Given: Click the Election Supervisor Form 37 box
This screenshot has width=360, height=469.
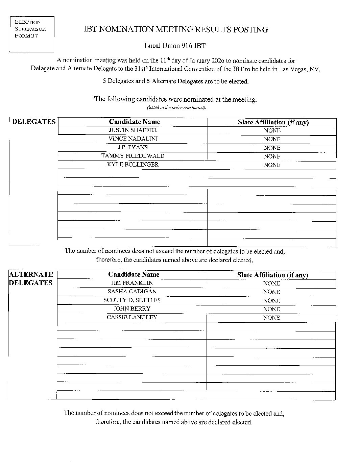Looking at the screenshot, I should click(31, 34).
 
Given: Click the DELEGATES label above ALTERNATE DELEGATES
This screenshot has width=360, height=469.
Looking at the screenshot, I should click(33, 122).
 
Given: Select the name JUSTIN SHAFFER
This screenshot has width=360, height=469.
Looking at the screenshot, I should click(133, 130).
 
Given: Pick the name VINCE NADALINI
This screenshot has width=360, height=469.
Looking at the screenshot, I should click(133, 139).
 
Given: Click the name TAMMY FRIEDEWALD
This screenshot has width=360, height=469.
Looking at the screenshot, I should click(133, 156).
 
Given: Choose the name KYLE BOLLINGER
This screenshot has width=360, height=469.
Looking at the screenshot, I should click(133, 165).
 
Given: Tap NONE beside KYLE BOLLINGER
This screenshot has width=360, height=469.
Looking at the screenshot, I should click(272, 165).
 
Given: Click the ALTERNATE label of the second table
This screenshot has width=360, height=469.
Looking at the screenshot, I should click(31, 274).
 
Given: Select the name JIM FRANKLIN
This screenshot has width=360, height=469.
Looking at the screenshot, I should click(132, 283).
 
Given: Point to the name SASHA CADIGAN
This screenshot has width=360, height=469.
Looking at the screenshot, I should click(132, 291).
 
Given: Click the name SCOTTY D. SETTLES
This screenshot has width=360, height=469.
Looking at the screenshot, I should click(132, 300).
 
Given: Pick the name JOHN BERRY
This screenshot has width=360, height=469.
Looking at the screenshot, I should click(132, 308).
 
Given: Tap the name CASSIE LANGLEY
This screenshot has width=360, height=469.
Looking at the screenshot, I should click(132, 317).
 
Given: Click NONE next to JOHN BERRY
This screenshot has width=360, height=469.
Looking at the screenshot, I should click(271, 309).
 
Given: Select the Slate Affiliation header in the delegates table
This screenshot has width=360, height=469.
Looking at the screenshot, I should click(273, 122).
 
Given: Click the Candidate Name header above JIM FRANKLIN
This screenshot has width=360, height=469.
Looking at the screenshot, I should click(134, 274).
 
